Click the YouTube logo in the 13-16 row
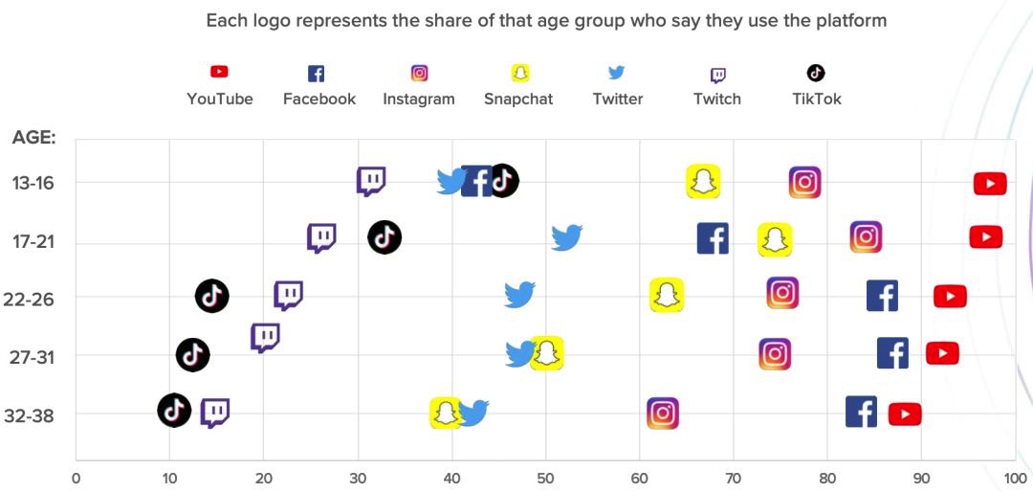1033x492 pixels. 990,183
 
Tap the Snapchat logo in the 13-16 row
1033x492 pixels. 703,182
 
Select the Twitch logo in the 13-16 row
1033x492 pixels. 371,181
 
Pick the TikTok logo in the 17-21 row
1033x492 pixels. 385,236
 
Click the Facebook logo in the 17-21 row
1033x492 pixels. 713,237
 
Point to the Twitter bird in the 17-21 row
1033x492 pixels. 567,237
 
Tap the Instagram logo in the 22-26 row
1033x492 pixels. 782,293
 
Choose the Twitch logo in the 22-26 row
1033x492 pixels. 288,295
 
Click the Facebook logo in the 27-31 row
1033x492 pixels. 892,353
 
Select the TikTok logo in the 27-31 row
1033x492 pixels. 193,356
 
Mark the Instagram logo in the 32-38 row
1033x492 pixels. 663,413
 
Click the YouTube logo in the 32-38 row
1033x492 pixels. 905,414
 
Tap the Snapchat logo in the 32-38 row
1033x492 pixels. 445,413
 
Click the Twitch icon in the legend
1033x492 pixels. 717,75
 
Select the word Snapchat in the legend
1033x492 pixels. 518,99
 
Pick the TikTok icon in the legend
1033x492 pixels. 816,73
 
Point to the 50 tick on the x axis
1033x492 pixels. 545,478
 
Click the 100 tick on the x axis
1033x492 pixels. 1015,478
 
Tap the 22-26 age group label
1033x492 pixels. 29,300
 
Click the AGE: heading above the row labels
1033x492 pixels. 34,138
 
